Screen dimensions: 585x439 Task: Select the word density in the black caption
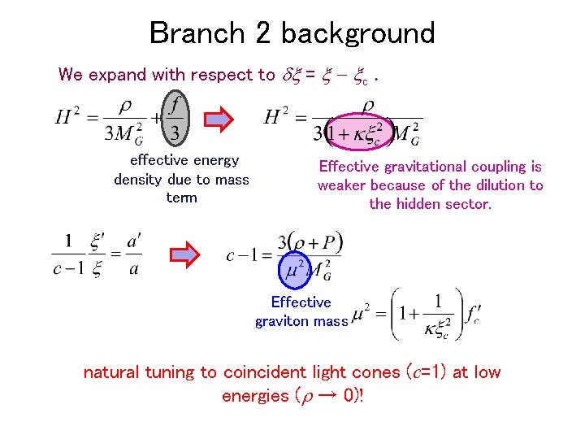[x=138, y=180]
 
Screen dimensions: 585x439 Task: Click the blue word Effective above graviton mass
[x=301, y=302]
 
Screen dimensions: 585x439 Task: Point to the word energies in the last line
[x=255, y=396]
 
